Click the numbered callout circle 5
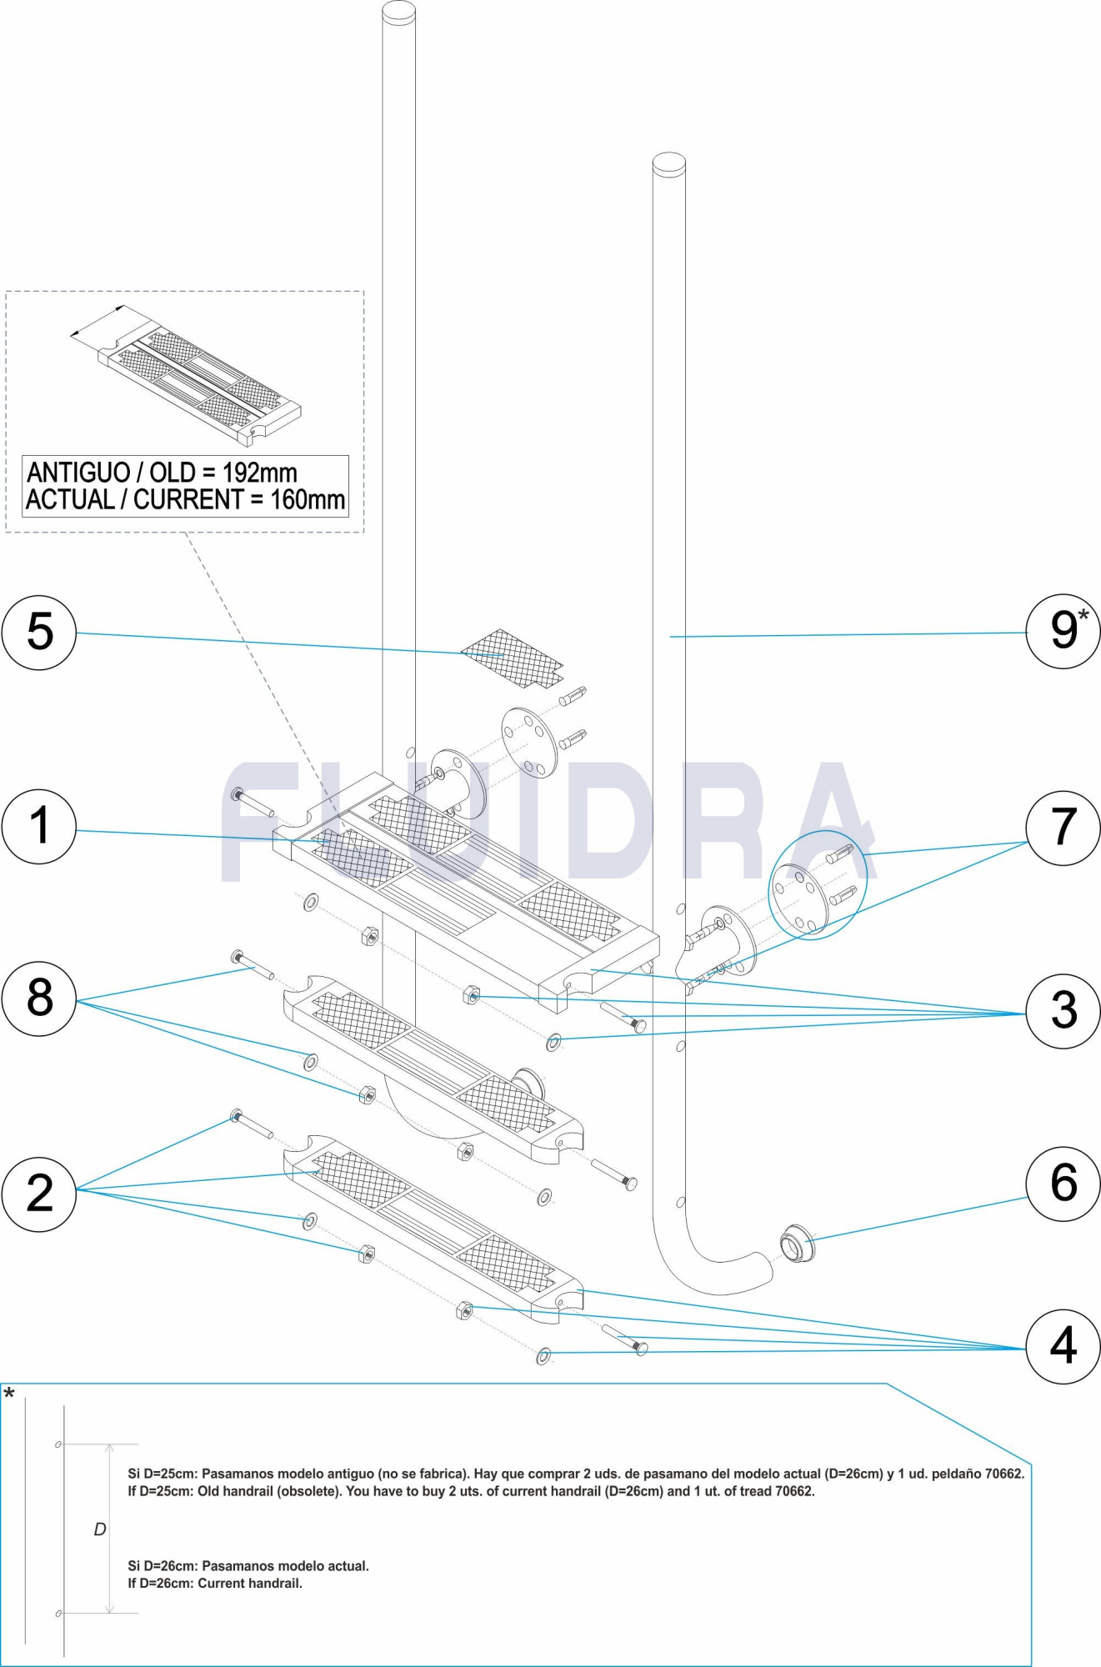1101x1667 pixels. point(39,632)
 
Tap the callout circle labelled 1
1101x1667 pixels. point(39,826)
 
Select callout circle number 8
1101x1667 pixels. point(39,998)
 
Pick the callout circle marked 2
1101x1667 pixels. point(39,1194)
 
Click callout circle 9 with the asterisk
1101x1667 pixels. point(1063,631)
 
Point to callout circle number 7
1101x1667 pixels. point(1063,828)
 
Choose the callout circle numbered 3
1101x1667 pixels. point(1063,1010)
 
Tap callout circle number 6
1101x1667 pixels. point(1063,1183)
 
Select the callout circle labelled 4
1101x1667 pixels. point(1063,1345)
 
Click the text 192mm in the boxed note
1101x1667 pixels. point(259,473)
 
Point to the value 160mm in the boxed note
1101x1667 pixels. point(307,500)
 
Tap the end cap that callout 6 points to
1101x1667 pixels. point(797,1244)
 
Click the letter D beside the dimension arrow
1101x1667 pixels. point(100,1529)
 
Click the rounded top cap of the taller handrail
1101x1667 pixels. point(398,12)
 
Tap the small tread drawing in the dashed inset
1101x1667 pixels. point(200,379)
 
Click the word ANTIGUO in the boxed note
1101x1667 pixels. point(78,473)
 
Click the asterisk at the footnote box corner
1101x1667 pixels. point(8,1394)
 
